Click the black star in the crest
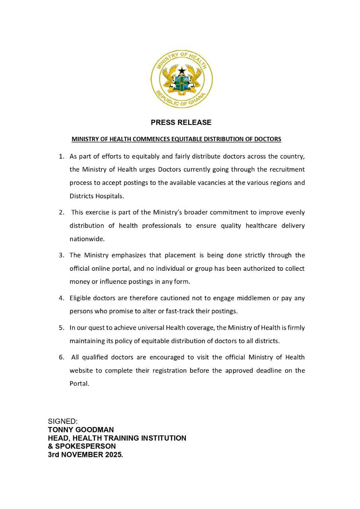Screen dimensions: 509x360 [x=182, y=71]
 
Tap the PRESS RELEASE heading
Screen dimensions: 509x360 [x=181, y=122]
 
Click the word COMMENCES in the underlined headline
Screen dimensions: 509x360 [x=152, y=139]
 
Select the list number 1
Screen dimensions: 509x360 [x=61, y=156]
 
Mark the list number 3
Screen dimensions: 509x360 [x=61, y=255]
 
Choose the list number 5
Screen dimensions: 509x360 [x=61, y=328]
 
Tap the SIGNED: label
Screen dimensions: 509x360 [x=63, y=422]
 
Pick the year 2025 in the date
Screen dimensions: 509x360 [x=113, y=455]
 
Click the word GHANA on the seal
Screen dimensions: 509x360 [x=196, y=101]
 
